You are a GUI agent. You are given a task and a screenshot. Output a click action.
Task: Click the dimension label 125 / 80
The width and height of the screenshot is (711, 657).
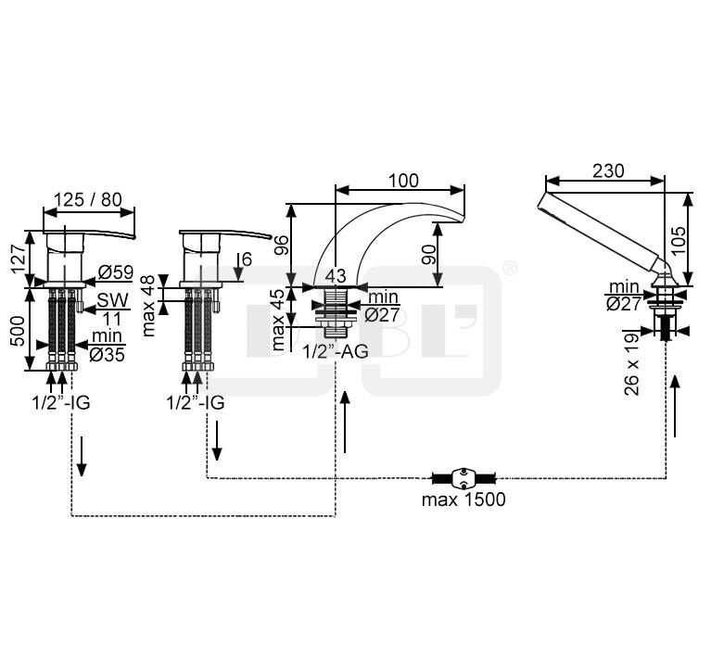pos(88,199)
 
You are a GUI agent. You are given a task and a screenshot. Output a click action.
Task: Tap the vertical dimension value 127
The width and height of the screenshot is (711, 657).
pos(19,259)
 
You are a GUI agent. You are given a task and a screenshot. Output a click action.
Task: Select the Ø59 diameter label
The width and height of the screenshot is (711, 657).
pos(116,272)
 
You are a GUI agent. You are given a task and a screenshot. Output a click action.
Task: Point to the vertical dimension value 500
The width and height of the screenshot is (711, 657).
pos(19,331)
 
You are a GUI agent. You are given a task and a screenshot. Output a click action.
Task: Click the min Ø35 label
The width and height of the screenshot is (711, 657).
pos(107,345)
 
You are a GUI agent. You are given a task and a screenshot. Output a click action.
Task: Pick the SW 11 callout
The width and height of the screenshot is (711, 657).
pos(112,310)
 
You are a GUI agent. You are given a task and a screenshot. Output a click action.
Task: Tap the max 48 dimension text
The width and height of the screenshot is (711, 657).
pos(148,305)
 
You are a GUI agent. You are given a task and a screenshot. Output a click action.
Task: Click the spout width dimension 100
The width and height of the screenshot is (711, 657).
pos(403,181)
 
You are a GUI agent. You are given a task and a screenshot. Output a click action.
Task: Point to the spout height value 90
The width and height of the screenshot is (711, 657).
pos(428,254)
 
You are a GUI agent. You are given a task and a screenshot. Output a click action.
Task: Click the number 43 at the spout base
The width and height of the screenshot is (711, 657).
pos(335,275)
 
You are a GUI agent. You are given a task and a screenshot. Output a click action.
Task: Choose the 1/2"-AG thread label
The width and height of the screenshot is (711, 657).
pos(336,351)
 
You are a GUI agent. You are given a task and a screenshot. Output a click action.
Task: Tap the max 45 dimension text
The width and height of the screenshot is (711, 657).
pos(279,320)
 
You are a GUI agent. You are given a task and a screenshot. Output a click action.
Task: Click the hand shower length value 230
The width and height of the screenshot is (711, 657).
pos(608,171)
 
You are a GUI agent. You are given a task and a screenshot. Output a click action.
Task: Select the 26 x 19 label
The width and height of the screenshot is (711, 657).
pos(632,364)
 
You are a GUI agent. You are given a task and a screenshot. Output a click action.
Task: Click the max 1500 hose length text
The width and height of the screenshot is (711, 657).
pos(463,499)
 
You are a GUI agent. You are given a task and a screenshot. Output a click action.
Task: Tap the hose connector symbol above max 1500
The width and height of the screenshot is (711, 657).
pos(463,478)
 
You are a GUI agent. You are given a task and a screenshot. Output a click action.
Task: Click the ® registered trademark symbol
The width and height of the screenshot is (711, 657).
pos(510,267)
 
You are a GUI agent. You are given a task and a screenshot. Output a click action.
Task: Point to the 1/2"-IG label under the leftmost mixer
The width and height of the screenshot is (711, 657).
pos(61,403)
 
